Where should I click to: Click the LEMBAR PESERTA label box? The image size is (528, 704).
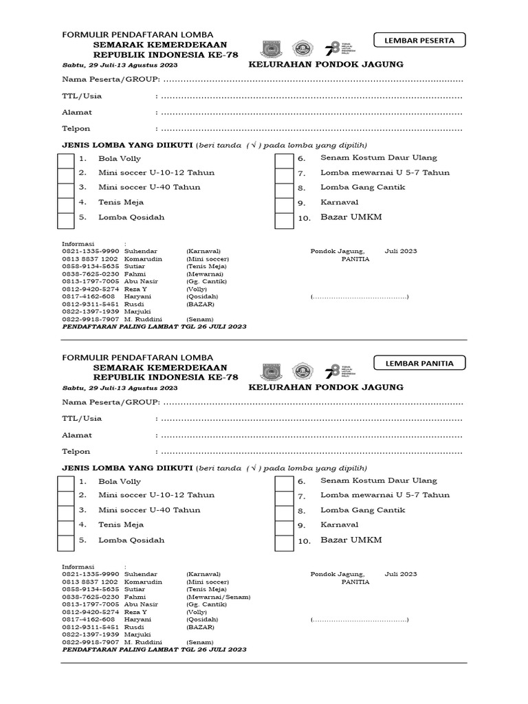pyautogui.click(x=419, y=41)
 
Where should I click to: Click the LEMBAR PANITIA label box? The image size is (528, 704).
pyautogui.click(x=419, y=363)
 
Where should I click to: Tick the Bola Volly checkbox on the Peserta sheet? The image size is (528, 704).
pyautogui.click(x=65, y=159)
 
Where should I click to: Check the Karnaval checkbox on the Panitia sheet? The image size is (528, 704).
pyautogui.click(x=283, y=526)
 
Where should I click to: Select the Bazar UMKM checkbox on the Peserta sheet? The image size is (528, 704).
pyautogui.click(x=283, y=220)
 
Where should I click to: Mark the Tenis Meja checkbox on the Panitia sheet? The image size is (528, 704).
pyautogui.click(x=65, y=526)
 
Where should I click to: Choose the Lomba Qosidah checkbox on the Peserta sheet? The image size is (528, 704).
pyautogui.click(x=65, y=220)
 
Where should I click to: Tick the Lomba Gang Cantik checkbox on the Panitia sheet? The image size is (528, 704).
pyautogui.click(x=283, y=511)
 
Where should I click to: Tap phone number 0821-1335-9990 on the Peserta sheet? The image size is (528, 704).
pyautogui.click(x=91, y=251)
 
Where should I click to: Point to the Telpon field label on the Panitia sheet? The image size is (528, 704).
pyautogui.click(x=76, y=452)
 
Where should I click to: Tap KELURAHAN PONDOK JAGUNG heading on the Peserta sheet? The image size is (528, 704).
pyautogui.click(x=326, y=65)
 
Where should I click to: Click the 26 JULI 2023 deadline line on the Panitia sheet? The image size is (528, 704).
pyautogui.click(x=154, y=649)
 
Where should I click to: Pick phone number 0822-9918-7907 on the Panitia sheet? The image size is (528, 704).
pyautogui.click(x=91, y=641)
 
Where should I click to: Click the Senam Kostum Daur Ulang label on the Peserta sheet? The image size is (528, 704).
pyautogui.click(x=379, y=158)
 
